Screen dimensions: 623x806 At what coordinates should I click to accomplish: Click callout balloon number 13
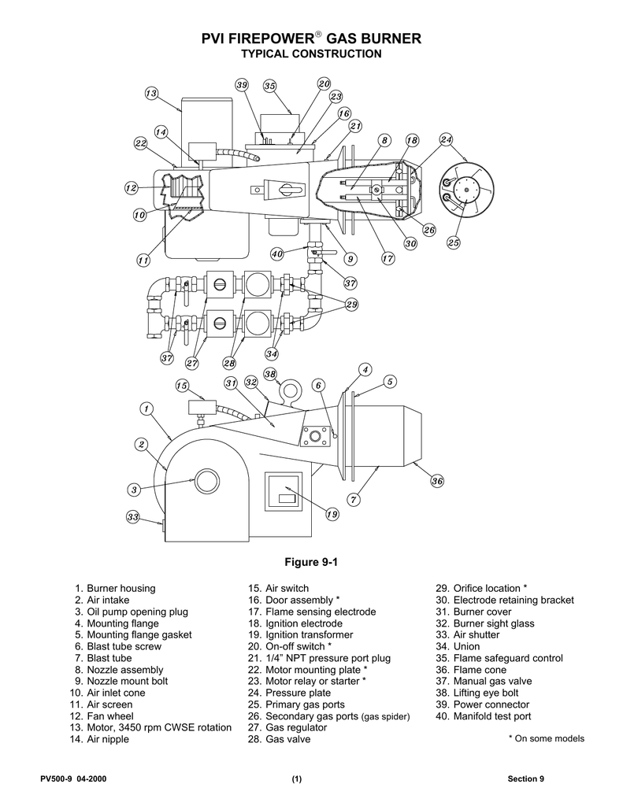click(150, 94)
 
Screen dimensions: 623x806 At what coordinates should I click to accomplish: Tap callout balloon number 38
click(270, 374)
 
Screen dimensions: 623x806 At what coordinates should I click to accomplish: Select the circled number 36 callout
click(437, 481)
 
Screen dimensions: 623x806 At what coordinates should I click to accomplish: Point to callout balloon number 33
click(133, 516)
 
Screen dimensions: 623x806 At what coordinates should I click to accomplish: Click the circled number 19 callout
click(332, 513)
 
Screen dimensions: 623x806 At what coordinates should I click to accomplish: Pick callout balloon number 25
click(453, 242)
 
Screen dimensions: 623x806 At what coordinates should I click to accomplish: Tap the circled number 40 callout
click(277, 253)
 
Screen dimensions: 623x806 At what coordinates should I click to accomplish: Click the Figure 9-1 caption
click(311, 562)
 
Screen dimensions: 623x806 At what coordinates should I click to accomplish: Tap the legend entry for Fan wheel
click(102, 716)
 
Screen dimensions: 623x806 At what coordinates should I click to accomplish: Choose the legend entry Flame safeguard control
click(499, 658)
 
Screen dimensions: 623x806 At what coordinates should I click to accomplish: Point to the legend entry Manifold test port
click(484, 716)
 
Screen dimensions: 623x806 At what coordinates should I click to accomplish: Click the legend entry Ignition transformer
click(301, 635)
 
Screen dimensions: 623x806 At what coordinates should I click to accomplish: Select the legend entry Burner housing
click(115, 588)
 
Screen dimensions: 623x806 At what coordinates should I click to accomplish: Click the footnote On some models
click(547, 738)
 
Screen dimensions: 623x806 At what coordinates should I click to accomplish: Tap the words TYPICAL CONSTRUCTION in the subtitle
click(312, 54)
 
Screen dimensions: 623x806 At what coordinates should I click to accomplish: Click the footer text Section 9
click(526, 778)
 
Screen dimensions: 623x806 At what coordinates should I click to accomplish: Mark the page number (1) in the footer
click(297, 778)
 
